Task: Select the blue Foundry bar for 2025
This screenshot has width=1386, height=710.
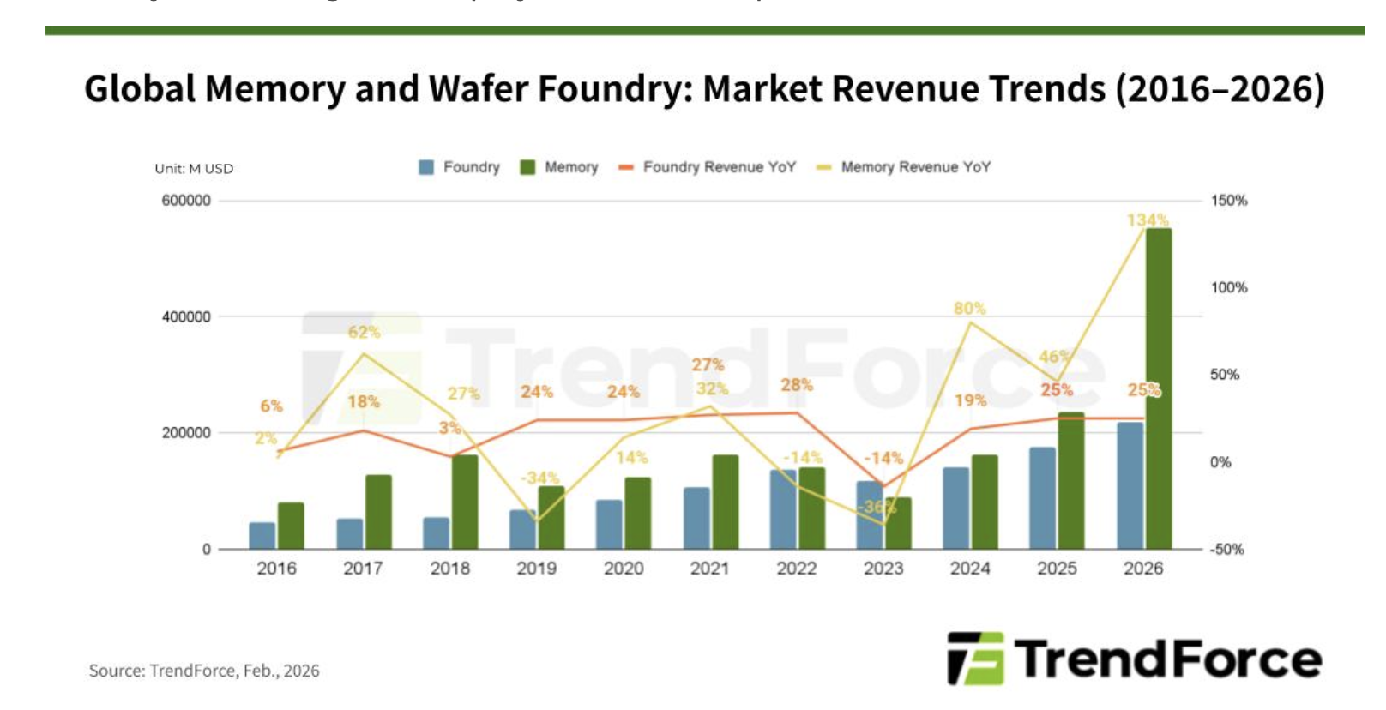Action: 1042,498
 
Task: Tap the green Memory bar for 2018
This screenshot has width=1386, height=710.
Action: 465,502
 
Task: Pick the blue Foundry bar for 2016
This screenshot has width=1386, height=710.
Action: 262,536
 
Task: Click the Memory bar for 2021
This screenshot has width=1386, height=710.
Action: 725,502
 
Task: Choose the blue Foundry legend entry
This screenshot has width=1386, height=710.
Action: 460,167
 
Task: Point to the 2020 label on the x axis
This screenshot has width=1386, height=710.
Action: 624,569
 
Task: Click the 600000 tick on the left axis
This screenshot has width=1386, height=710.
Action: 186,201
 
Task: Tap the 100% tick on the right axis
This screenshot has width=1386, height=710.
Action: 1228,288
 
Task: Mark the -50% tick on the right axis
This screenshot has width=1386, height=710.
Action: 1227,550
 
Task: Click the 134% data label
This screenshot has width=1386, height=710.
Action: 1148,220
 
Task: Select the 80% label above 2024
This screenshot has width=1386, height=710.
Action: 969,308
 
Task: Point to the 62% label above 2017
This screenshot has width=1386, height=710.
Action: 364,332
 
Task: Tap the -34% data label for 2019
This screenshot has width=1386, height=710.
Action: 539,478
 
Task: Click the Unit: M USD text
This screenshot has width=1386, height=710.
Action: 194,169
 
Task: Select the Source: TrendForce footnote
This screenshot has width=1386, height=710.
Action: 204,671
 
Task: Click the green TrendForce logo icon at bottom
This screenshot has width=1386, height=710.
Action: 975,659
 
